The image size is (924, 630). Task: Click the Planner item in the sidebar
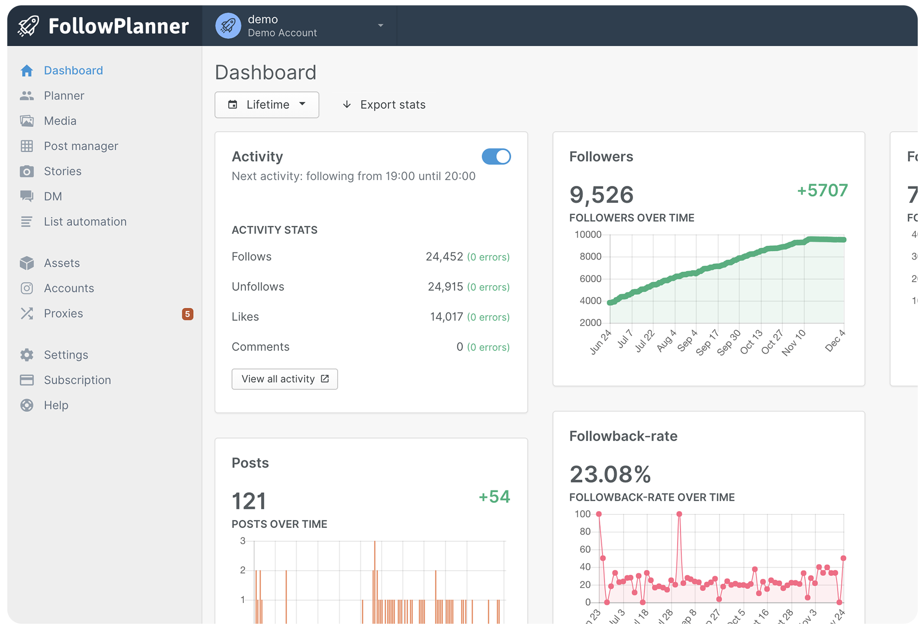(64, 96)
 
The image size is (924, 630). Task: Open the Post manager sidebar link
(80, 146)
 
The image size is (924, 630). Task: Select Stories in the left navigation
(62, 171)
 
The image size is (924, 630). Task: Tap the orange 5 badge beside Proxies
(187, 314)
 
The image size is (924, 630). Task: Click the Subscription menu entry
(77, 380)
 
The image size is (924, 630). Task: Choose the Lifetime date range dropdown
(267, 105)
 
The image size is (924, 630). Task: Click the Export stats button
(384, 105)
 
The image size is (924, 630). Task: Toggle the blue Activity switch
(496, 157)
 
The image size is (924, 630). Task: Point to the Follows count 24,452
(444, 257)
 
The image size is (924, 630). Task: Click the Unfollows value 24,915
(445, 287)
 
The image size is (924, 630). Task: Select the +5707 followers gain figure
(822, 190)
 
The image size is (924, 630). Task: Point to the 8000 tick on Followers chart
(590, 257)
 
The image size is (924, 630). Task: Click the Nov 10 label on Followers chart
(793, 343)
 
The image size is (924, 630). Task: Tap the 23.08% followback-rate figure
(610, 474)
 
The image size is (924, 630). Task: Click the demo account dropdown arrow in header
(381, 26)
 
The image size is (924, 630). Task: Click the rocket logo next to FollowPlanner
(28, 26)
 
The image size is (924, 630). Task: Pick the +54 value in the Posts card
(494, 497)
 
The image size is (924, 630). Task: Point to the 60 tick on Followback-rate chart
(585, 550)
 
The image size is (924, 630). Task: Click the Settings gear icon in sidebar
(27, 355)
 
